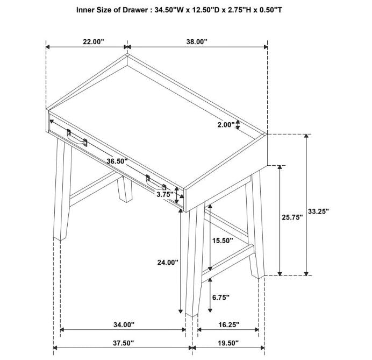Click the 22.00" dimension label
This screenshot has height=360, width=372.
tap(94, 42)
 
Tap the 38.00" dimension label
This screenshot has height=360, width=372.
tap(197, 42)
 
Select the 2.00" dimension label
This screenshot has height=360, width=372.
tap(226, 125)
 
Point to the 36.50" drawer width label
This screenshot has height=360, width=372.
tap(117, 161)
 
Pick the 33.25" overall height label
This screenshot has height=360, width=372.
tap(318, 211)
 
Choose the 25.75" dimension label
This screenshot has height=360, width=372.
tap(292, 217)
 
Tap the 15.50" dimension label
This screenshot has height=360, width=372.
tap(223, 241)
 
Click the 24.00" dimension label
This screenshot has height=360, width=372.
tap(168, 263)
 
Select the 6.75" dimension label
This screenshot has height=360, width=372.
tap(221, 297)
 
